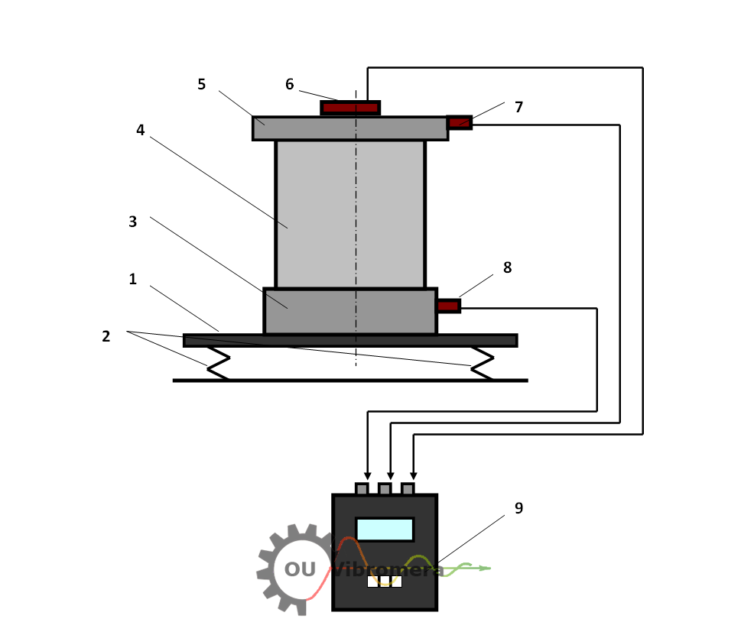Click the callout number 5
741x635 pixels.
[202, 84]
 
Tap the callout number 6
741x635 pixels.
[289, 84]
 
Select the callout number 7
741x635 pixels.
[518, 107]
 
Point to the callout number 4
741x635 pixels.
[140, 130]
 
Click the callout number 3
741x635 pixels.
[132, 222]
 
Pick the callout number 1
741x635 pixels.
[132, 279]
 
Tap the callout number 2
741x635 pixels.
[106, 335]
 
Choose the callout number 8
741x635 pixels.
[507, 267]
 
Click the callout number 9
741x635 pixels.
[518, 508]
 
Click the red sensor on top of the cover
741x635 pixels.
[350, 108]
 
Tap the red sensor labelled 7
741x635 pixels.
[459, 122]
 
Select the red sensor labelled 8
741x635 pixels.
[448, 306]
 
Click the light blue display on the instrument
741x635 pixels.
[385, 529]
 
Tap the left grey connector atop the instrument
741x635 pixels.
[362, 488]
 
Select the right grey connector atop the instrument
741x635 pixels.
[408, 488]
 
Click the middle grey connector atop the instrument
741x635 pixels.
[385, 488]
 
